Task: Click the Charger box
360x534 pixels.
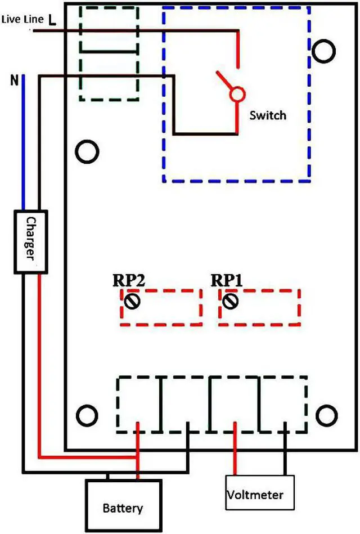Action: coord(30,241)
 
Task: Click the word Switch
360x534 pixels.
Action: coord(268,115)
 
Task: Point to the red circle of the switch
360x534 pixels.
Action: coord(237,94)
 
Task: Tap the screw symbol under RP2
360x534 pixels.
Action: coord(133,302)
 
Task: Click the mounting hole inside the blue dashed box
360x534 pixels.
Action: coord(324,51)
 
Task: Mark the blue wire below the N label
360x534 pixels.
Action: coord(24,146)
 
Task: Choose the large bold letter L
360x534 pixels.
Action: coord(52,21)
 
